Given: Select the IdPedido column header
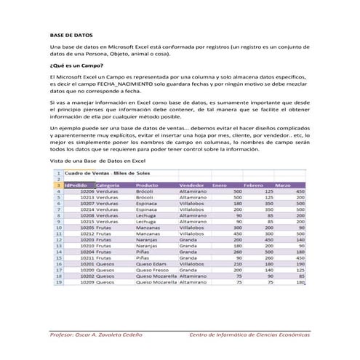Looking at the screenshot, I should tap(79, 185).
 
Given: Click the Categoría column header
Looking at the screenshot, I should tap(108, 185).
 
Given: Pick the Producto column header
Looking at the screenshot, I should tap(148, 185).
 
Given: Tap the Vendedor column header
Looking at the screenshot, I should tap(191, 185).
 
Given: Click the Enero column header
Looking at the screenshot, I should tap(220, 185).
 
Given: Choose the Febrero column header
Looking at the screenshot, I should tap(255, 185).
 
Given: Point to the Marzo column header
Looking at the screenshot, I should tap(284, 185).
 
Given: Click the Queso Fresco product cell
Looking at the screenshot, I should tap(153, 270).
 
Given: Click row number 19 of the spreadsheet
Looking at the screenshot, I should tap(57, 282).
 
